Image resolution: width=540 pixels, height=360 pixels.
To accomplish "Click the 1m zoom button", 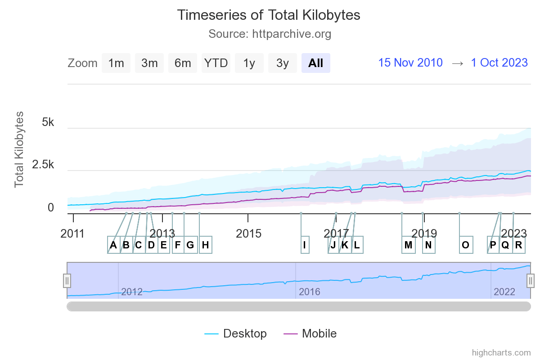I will click(116, 63).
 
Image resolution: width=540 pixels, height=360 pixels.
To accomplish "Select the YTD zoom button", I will click(216, 63).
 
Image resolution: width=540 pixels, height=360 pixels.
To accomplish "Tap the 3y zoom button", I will click(283, 63).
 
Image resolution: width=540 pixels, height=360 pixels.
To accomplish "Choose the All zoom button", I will click(316, 63).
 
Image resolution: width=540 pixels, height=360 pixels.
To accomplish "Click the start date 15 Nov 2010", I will click(410, 63).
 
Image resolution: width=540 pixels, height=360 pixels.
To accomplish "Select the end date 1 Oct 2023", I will click(499, 63).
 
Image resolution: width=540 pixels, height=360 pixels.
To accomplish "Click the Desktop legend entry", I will click(236, 333).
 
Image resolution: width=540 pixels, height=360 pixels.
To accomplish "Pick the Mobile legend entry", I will click(310, 333).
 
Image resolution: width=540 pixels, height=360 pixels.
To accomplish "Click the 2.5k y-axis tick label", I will click(43, 165).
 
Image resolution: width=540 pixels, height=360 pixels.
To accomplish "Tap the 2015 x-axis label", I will click(248, 234).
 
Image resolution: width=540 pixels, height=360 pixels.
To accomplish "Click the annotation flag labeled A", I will click(113, 245).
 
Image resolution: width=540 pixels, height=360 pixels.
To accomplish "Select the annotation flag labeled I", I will click(305, 245).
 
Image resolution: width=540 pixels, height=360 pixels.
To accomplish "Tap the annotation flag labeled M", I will click(408, 245).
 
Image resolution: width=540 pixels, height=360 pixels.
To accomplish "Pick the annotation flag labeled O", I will click(466, 245).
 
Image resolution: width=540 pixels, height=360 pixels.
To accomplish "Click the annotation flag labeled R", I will click(519, 245).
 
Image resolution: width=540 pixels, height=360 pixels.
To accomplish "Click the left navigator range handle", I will click(67, 280).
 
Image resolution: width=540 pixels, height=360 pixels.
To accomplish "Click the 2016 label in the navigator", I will click(310, 292).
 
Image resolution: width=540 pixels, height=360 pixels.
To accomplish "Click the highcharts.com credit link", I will click(501, 352).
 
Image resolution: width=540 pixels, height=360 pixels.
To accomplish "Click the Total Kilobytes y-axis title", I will click(19, 150).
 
